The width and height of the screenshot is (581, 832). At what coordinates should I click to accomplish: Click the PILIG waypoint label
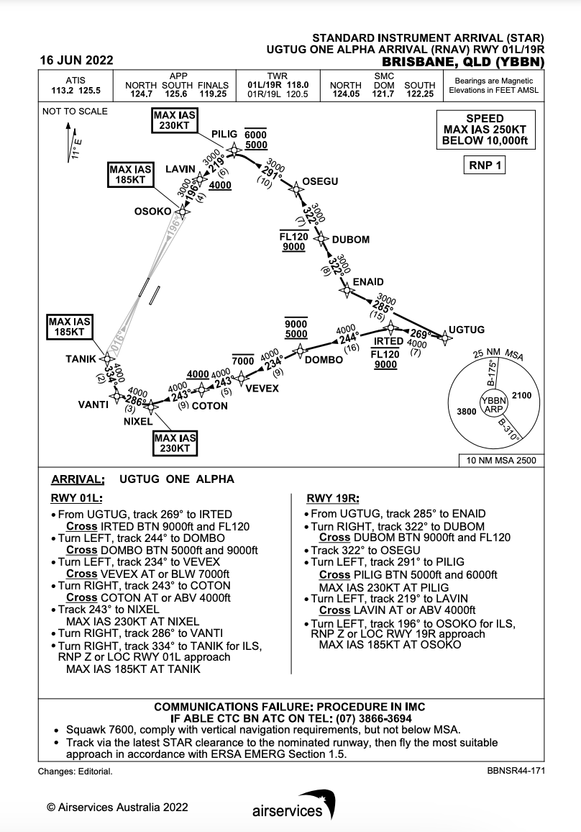coord(224,135)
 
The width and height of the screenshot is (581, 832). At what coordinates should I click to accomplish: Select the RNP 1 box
coord(485,166)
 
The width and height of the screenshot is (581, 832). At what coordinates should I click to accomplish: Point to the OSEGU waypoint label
coord(321,181)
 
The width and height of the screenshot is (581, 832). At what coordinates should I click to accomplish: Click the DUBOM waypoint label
coord(350,240)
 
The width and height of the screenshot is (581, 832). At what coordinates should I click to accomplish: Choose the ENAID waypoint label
coord(368,281)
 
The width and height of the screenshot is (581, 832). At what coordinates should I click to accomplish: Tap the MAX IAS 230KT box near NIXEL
coord(175,443)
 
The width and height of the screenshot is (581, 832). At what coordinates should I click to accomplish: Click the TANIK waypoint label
coord(81,358)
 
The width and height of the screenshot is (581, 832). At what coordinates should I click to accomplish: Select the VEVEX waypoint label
coord(262,388)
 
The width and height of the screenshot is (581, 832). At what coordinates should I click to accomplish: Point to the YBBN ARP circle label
coord(493,404)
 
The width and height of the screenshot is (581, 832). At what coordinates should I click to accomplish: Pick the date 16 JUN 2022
coord(76,60)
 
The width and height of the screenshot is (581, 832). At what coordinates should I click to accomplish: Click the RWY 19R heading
coord(333,498)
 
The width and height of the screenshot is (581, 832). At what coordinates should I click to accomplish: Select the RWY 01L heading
coord(77,498)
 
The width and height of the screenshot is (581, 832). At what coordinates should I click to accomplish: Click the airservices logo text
coord(288,811)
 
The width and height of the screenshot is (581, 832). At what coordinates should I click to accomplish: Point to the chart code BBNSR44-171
coord(515,771)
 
